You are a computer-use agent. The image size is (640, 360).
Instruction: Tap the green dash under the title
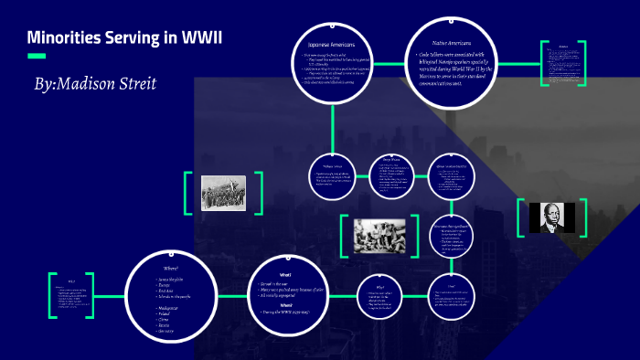(x=37, y=57)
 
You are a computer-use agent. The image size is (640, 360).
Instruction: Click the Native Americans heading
(x=451, y=43)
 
